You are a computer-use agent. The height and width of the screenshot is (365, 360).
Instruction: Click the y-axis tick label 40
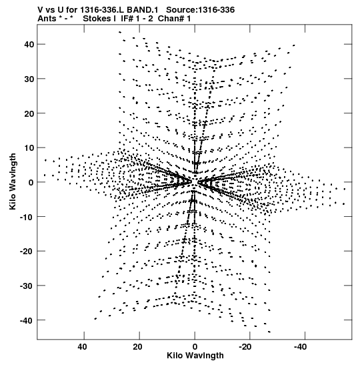pyautogui.click(x=29, y=44)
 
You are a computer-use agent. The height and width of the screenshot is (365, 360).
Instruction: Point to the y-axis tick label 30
pyautogui.click(x=29, y=79)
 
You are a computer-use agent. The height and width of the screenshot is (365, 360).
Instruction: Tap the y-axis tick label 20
pyautogui.click(x=29, y=113)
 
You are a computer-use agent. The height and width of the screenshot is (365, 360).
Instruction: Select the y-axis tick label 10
pyautogui.click(x=29, y=148)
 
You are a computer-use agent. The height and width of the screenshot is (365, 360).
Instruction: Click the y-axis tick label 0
pyautogui.click(x=31, y=182)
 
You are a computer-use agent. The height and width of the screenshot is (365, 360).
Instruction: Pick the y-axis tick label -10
pyautogui.click(x=27, y=217)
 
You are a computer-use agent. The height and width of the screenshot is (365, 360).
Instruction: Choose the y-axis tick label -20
pyautogui.click(x=27, y=252)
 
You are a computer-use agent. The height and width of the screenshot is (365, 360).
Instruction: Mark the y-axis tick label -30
pyautogui.click(x=27, y=286)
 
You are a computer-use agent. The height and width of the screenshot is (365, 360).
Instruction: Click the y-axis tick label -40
pyautogui.click(x=27, y=320)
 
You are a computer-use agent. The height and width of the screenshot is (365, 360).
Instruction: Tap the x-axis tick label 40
pyautogui.click(x=82, y=347)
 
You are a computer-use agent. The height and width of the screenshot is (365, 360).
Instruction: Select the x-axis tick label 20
pyautogui.click(x=138, y=347)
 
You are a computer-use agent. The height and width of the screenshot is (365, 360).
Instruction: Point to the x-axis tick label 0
pyautogui.click(x=195, y=347)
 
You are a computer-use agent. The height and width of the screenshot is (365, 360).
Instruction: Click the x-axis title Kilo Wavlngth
pyautogui.click(x=195, y=356)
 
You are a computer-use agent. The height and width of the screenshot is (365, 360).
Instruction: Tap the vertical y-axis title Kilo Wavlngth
pyautogui.click(x=13, y=181)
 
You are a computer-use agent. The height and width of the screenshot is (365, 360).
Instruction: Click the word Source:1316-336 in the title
pyautogui.click(x=201, y=10)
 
